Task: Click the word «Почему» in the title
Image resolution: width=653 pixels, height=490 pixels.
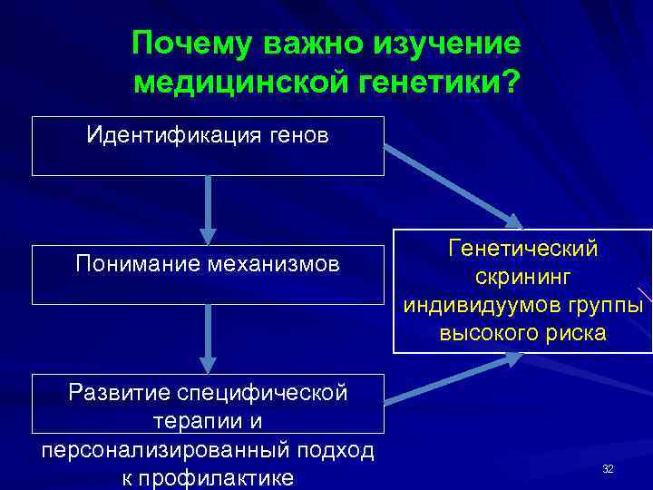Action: point(192,43)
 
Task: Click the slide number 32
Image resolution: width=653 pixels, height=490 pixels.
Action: point(608,468)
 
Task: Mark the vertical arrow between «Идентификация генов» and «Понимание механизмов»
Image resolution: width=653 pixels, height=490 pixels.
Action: point(210,209)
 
